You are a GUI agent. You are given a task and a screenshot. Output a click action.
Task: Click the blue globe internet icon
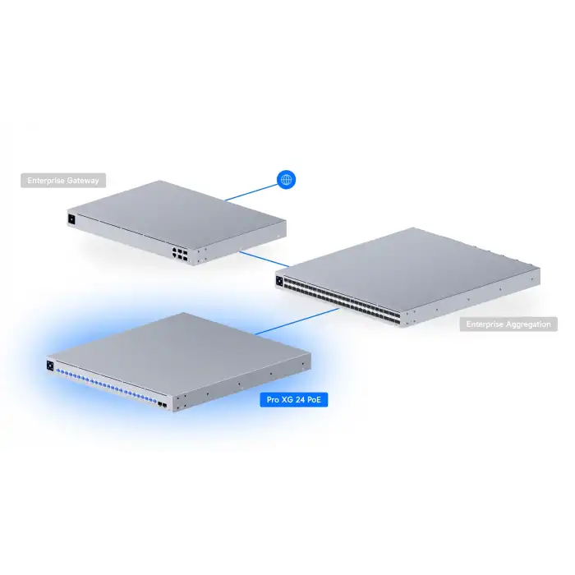coord(286,180)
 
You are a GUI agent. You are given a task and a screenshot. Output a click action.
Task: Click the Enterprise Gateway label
coord(63,181)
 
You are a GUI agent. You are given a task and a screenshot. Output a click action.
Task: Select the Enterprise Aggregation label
coord(508,324)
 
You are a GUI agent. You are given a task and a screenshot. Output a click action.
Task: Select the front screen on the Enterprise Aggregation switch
coord(280,282)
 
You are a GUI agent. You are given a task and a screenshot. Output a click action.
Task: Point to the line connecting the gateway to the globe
coord(251,191)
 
